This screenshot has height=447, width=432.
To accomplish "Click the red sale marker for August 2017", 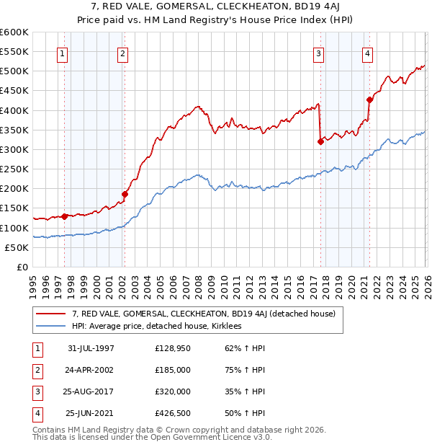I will [320, 141].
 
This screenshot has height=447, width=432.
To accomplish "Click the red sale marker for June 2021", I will [369, 99].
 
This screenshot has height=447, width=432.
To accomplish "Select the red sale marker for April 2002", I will [125, 194].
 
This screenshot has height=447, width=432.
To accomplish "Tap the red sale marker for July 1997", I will [64, 216].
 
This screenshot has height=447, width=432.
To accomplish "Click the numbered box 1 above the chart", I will [63, 53].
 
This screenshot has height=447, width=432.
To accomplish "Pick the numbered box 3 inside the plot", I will [318, 53].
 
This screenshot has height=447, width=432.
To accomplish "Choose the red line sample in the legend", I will [51, 314].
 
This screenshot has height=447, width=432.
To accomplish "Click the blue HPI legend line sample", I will [51, 326].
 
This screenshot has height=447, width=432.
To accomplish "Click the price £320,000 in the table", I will [173, 393].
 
